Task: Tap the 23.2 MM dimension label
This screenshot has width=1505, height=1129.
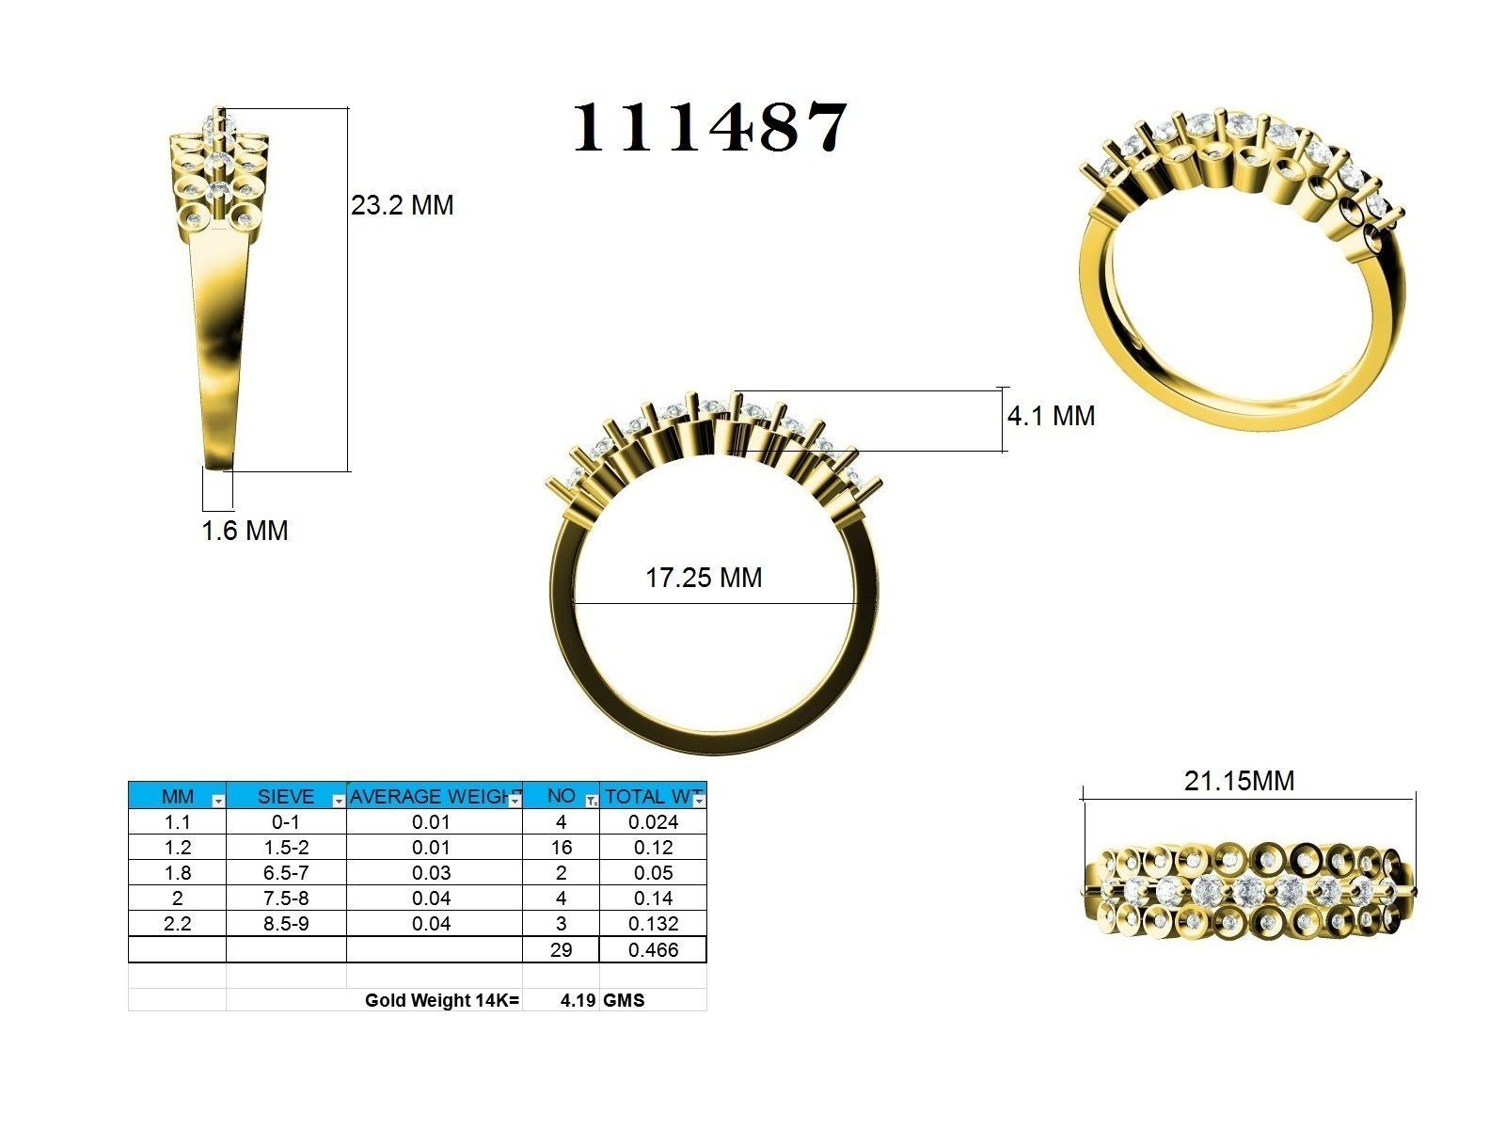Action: pyautogui.click(x=402, y=205)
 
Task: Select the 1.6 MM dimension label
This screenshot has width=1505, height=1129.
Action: pyautogui.click(x=245, y=531)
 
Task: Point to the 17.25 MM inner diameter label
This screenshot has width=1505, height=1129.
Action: pyautogui.click(x=704, y=578)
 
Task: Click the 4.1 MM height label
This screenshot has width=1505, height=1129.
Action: pyautogui.click(x=1051, y=416)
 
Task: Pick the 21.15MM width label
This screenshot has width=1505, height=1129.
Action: pyautogui.click(x=1239, y=781)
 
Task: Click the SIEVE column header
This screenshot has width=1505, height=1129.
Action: pyautogui.click(x=285, y=796)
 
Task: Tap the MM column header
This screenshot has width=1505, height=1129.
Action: pyautogui.click(x=177, y=796)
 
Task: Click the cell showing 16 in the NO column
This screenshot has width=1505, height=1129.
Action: pyautogui.click(x=561, y=847)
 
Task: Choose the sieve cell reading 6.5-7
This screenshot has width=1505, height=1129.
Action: pyautogui.click(x=285, y=872)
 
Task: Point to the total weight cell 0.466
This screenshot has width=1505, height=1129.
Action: pyautogui.click(x=653, y=949)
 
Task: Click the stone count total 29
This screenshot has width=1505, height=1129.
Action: pyautogui.click(x=561, y=949)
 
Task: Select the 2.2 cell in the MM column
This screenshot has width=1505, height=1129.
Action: pyautogui.click(x=177, y=924)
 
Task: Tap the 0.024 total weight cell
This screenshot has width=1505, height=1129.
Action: pyautogui.click(x=653, y=821)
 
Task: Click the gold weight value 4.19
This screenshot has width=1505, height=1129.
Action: pyautogui.click(x=578, y=1000)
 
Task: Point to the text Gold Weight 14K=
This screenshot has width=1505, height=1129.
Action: pyautogui.click(x=442, y=1000)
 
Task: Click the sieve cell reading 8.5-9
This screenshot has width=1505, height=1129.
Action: pyautogui.click(x=285, y=924)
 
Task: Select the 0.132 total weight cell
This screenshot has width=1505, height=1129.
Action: pyautogui.click(x=653, y=924)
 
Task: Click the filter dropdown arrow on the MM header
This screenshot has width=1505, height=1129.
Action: pyautogui.click(x=218, y=801)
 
